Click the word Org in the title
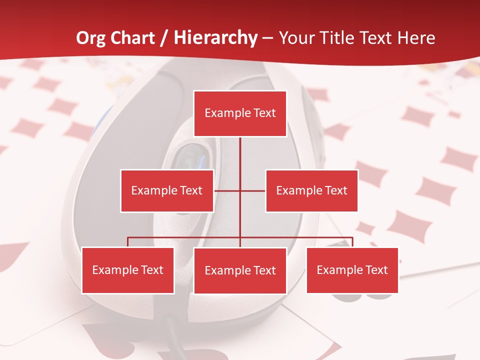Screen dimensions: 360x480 point(90,38)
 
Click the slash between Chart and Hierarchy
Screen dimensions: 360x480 point(164,38)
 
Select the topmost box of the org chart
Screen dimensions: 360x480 point(240,113)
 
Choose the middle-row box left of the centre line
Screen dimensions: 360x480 point(167,190)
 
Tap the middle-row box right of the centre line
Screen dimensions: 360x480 point(311,190)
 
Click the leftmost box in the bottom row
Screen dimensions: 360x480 point(128,270)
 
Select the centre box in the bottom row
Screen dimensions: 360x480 point(240,271)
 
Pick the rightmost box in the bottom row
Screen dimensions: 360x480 point(352,270)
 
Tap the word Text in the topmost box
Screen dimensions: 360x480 point(265,113)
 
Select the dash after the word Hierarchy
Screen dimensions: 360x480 point(268,38)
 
